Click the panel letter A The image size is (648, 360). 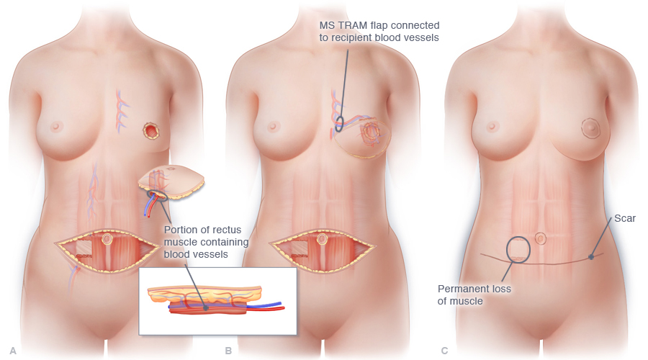(13, 351)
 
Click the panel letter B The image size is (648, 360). (228, 351)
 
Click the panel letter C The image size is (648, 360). (444, 351)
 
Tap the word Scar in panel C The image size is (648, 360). (625, 218)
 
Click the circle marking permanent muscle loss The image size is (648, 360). (519, 249)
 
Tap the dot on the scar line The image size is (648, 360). (590, 256)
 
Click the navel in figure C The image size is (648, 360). (541, 238)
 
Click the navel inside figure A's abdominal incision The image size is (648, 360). (108, 238)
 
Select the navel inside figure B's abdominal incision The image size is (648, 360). (323, 238)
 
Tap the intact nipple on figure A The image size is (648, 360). (56, 126)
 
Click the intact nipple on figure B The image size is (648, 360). (273, 126)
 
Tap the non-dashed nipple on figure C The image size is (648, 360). (490, 126)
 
